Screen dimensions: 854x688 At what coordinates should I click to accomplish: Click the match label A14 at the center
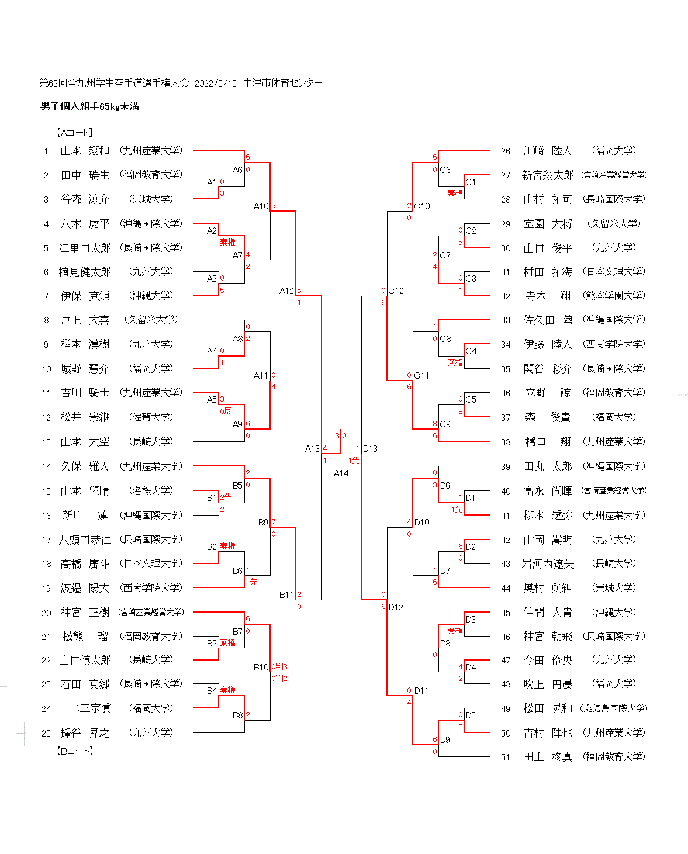341,473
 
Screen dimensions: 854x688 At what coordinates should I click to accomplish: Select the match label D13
370,449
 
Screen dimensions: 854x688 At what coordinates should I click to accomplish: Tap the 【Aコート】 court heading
75,133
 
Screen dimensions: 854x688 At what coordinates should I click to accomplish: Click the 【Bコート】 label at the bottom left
75,751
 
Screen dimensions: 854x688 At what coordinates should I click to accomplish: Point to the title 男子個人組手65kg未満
89,106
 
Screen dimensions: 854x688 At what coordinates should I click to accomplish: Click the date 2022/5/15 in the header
216,83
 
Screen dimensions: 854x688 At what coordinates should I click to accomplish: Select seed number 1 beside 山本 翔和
46,151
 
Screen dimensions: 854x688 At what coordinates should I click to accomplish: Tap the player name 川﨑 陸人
547,151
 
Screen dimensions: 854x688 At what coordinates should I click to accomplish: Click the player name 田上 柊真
547,757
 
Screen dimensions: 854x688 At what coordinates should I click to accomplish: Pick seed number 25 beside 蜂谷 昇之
46,733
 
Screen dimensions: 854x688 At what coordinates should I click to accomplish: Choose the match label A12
286,291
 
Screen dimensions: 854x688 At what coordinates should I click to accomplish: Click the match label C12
396,291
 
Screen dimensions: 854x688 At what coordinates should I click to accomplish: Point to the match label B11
286,594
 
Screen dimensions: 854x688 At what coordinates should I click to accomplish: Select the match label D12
396,607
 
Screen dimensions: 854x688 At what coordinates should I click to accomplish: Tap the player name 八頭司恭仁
85,540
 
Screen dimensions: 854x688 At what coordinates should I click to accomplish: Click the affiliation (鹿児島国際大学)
614,708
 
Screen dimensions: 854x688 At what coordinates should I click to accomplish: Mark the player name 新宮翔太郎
547,175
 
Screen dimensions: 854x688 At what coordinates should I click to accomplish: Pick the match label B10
261,667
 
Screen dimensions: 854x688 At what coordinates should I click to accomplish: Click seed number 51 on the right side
506,758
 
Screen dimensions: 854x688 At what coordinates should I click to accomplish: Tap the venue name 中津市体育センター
283,83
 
